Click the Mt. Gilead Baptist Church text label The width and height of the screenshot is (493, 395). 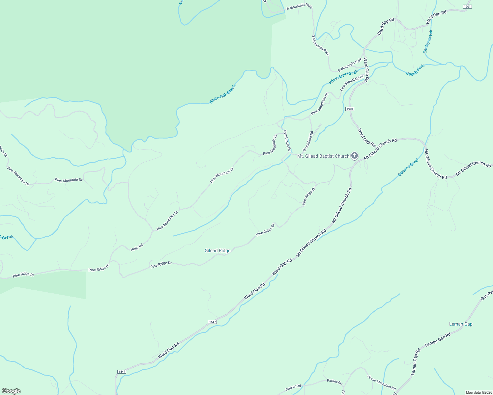click(323, 156)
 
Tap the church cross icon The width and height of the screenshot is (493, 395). click(354, 155)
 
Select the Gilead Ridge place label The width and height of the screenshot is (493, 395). click(217, 250)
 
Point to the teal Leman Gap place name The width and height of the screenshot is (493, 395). click(461, 324)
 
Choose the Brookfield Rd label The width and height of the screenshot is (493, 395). click(308, 141)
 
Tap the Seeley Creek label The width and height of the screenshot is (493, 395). click(428, 42)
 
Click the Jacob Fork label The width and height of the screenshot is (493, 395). click(415, 70)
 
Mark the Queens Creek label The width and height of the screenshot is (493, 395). click(409, 167)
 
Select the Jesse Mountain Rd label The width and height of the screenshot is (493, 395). click(381, 382)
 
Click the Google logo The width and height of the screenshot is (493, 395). click(11, 391)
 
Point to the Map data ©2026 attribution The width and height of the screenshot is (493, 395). click(478, 392)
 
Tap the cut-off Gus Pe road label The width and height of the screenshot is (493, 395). click(487, 295)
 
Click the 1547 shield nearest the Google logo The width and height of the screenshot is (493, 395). click(122, 371)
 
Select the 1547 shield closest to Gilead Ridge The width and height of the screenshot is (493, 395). click(213, 322)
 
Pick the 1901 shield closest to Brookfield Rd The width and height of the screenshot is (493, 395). click(350, 109)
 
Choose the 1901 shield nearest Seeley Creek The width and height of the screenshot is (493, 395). click(467, 7)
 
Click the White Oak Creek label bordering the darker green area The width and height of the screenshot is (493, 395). click(222, 94)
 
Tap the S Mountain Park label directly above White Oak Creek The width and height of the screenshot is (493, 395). click(350, 66)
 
